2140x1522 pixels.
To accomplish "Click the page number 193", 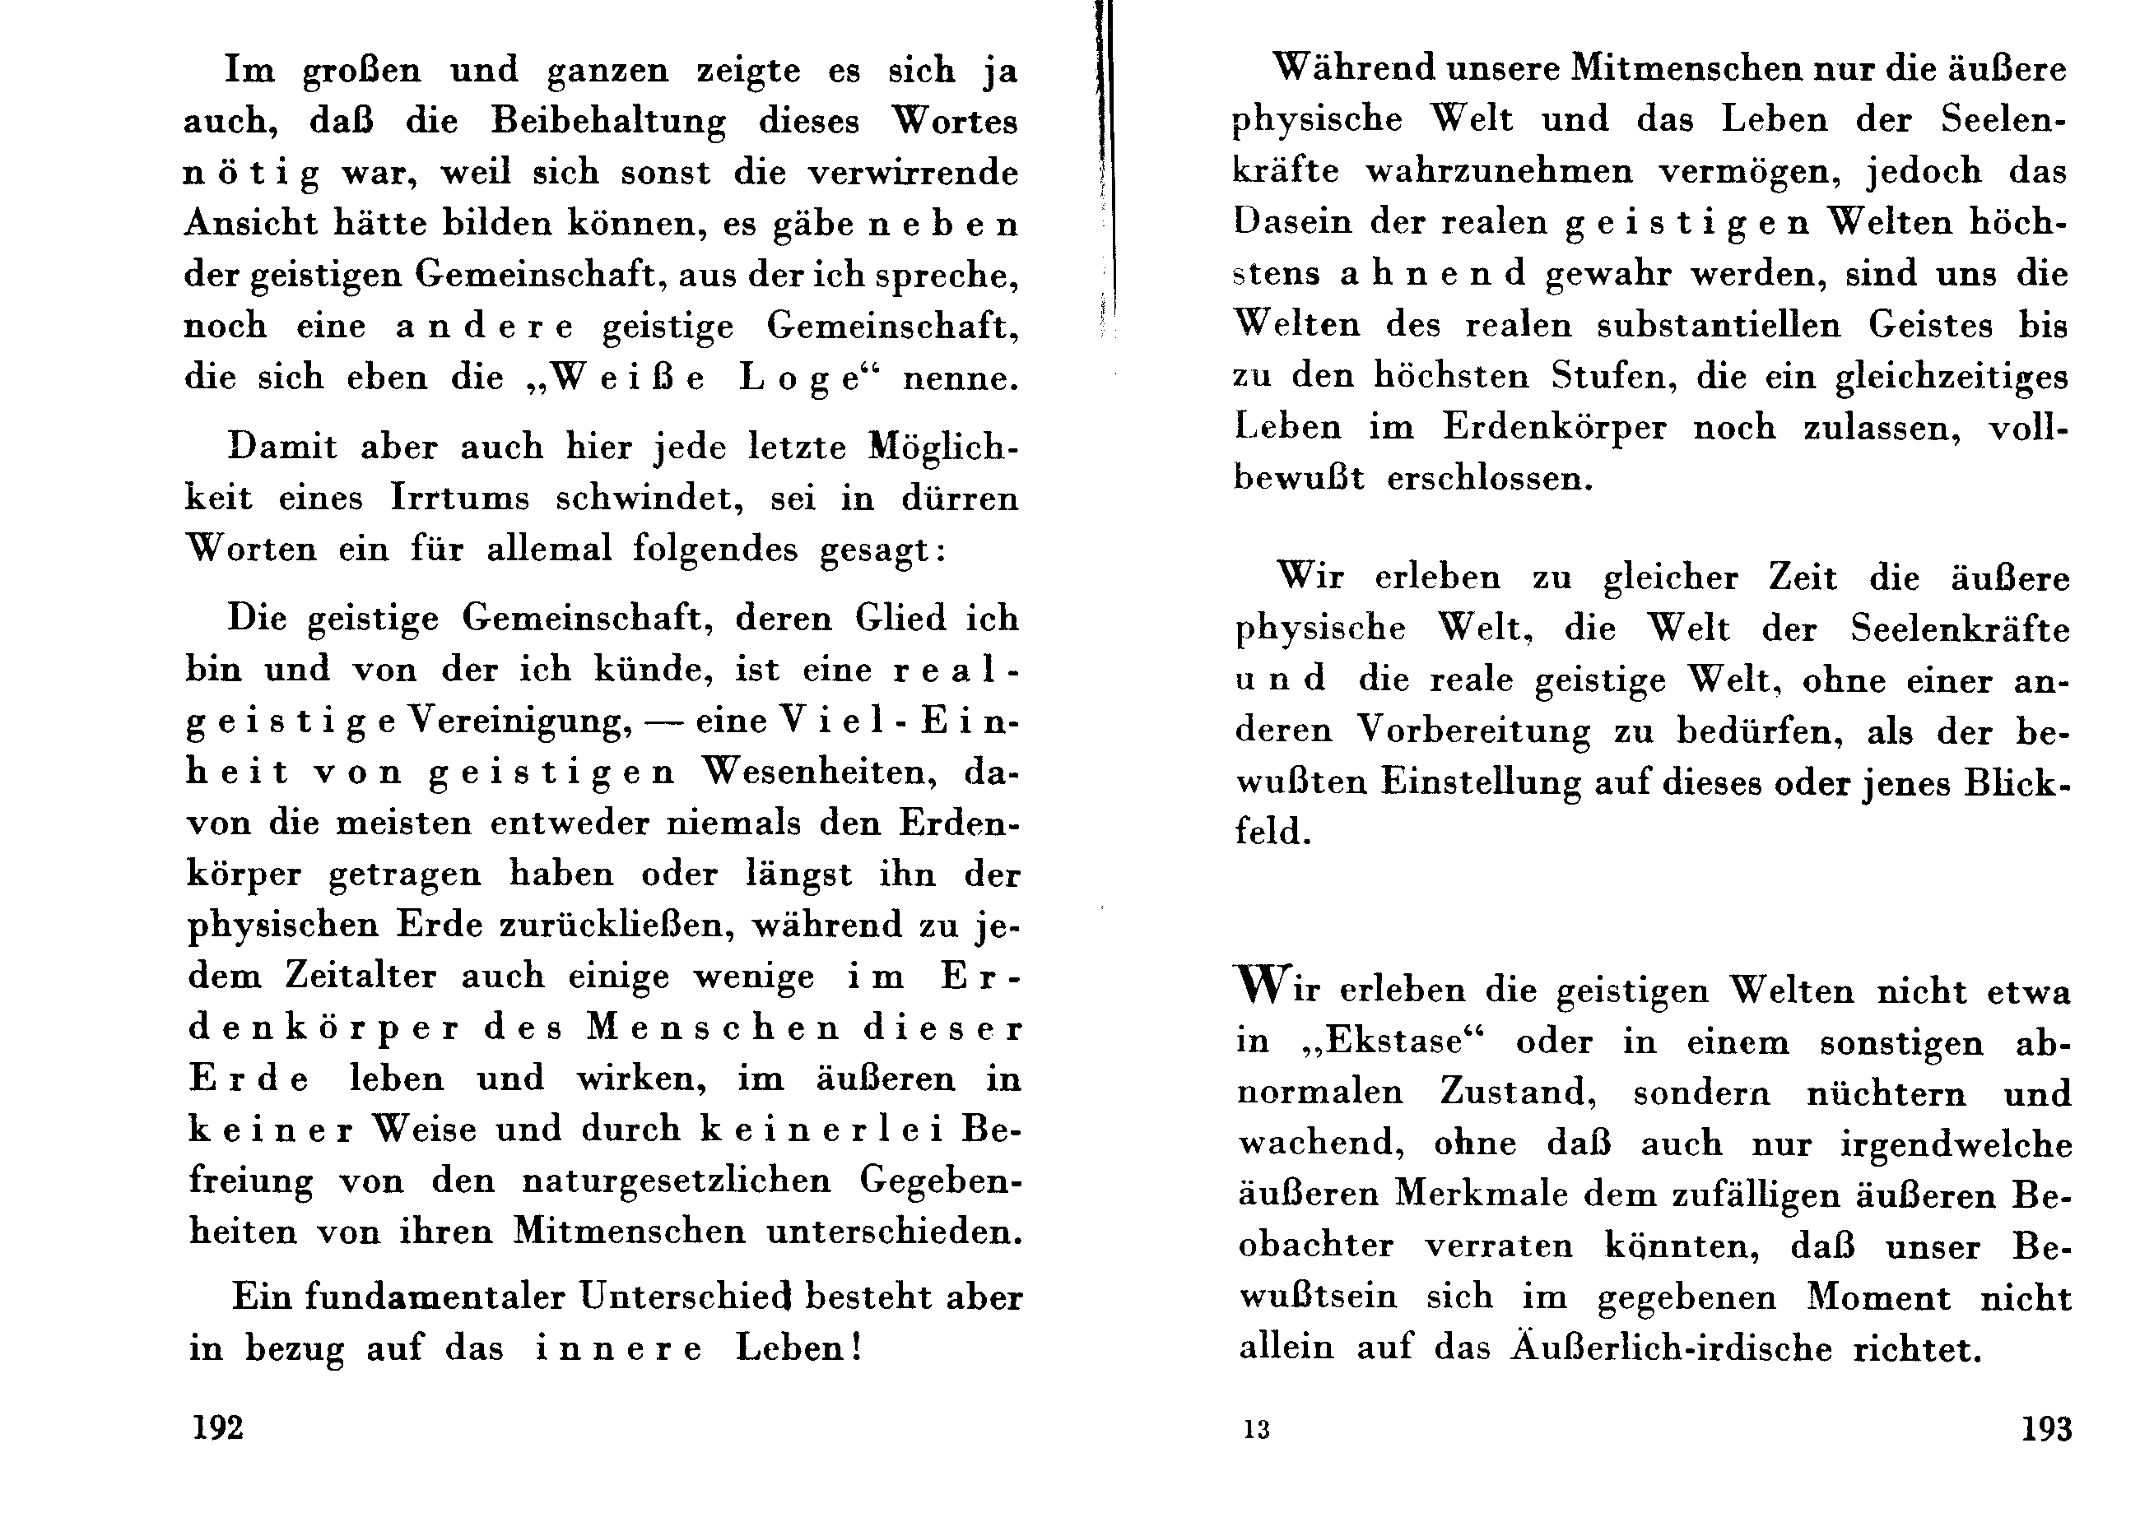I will tap(2046, 1428).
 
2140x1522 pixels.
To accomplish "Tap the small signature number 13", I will tap(1256, 1429).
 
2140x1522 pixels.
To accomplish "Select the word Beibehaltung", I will tap(608, 122).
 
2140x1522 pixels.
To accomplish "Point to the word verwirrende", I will tap(914, 173).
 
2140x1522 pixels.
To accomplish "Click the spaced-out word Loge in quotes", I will tap(799, 378).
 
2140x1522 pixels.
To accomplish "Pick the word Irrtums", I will tap(460, 498).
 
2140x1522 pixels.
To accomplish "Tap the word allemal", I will tap(549, 548).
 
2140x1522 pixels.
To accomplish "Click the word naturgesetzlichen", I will tap(676, 1181).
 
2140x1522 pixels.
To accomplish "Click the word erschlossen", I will tap(1490, 479).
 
